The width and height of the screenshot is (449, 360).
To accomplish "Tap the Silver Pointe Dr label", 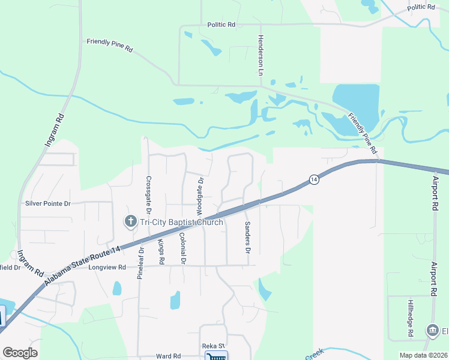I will point(48,203).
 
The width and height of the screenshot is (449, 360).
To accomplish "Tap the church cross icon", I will point(130,222).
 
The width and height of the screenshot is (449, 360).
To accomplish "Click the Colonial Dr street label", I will point(182,248).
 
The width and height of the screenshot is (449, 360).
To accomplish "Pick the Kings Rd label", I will point(161,252).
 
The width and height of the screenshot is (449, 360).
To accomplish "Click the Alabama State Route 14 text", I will point(82,259).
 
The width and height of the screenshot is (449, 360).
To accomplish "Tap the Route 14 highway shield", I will point(313,179).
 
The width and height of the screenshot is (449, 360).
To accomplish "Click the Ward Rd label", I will point(168,355).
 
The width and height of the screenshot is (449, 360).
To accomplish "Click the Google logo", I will point(20,353).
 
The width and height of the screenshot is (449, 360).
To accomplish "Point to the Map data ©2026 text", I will point(423,355).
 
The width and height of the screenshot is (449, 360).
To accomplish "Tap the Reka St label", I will point(213,346).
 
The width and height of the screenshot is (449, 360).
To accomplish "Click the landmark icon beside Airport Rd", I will point(432,331).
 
